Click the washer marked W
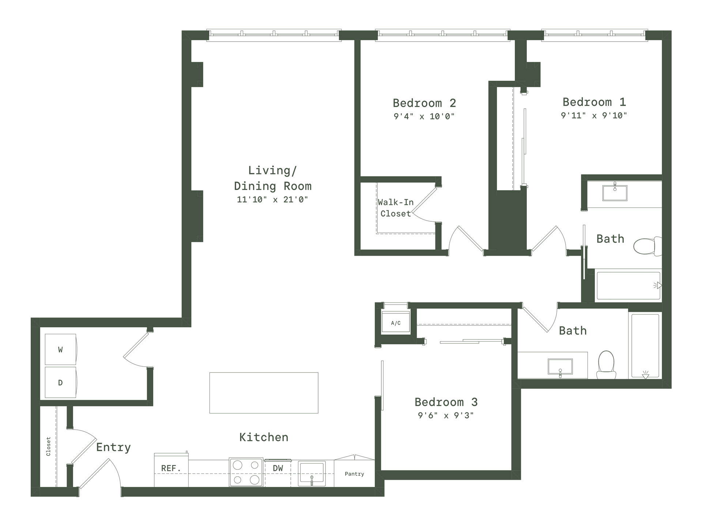[61, 349]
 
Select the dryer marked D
[61, 382]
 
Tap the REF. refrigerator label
[171, 468]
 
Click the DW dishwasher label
[278, 468]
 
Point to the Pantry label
[354, 474]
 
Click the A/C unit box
[396, 321]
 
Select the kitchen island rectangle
[264, 393]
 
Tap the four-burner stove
[246, 472]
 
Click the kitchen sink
[312, 474]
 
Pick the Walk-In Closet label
[396, 208]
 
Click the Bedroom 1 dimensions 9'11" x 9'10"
[594, 115]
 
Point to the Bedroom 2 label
[424, 103]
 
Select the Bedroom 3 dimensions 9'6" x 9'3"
[446, 415]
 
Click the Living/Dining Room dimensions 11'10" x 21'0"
[272, 199]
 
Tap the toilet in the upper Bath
[648, 246]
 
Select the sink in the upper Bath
[615, 193]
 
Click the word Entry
[113, 448]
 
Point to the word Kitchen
[264, 437]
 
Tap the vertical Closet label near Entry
[48, 446]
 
